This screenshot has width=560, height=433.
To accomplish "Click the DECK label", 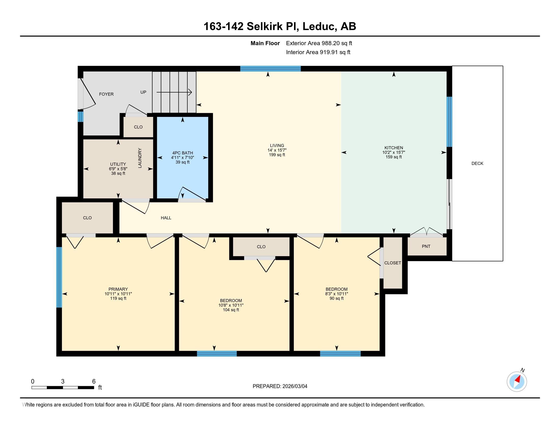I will tap(477, 164).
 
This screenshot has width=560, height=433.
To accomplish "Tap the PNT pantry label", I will tap(426, 246).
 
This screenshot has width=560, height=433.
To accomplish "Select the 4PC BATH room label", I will tap(183, 153).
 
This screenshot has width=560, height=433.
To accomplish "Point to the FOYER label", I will tap(106, 94).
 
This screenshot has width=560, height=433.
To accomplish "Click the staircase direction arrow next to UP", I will tap(174, 92).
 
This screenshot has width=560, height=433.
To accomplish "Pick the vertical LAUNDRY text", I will tap(140, 158).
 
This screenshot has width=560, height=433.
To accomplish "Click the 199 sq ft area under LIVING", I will tap(277, 155).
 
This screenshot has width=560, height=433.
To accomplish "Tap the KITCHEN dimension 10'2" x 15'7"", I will tap(394, 152).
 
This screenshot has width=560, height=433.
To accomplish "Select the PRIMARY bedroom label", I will tap(118, 289).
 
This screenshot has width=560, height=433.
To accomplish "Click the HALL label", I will tap(166, 218).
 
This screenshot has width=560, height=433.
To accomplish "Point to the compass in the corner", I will tap(517, 382).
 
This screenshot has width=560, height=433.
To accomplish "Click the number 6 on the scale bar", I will tap(94, 382).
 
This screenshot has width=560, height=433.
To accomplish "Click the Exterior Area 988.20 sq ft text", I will tap(319, 43).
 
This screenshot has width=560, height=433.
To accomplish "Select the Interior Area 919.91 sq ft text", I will tap(318, 52).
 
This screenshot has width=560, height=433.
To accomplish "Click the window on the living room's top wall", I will tap(270, 69).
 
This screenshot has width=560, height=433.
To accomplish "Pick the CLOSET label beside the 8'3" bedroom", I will tap(393, 263).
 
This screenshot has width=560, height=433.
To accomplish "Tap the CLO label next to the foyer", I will tap(138, 127).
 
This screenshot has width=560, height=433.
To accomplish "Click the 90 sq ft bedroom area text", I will tap(337, 298).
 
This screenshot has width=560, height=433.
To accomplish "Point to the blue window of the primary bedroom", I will tap(59, 277).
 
